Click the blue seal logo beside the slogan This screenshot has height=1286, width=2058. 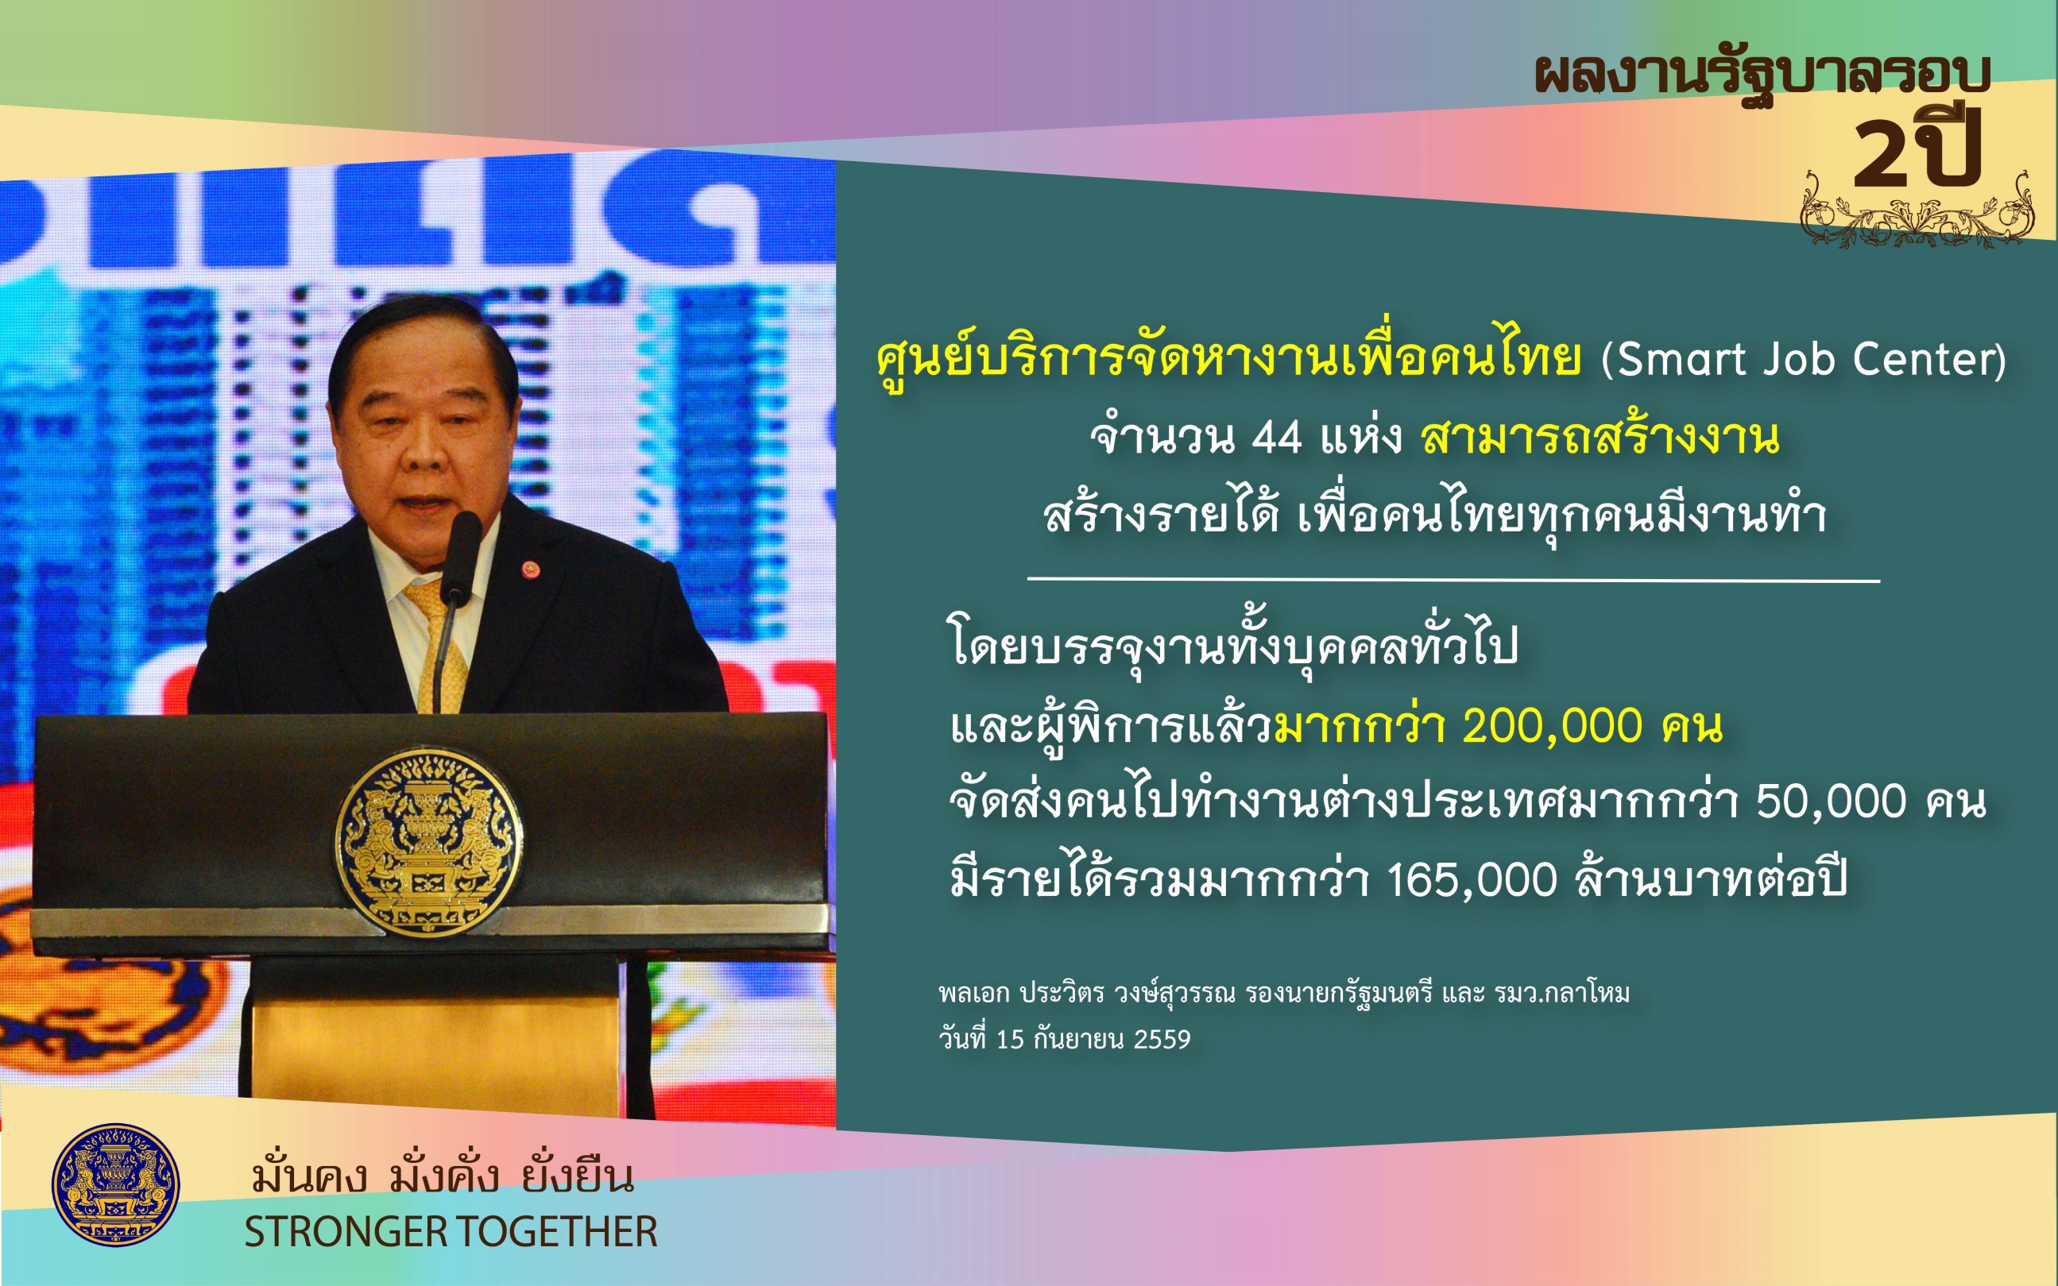click(x=116, y=1185)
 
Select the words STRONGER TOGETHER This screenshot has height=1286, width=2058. click(x=451, y=1231)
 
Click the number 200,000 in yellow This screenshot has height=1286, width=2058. click(x=1552, y=725)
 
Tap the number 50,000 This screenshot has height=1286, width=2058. click(x=1832, y=801)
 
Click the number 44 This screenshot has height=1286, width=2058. click(x=1277, y=438)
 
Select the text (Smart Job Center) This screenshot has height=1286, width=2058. click(x=1804, y=358)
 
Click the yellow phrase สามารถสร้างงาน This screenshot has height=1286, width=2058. click(x=1600, y=436)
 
